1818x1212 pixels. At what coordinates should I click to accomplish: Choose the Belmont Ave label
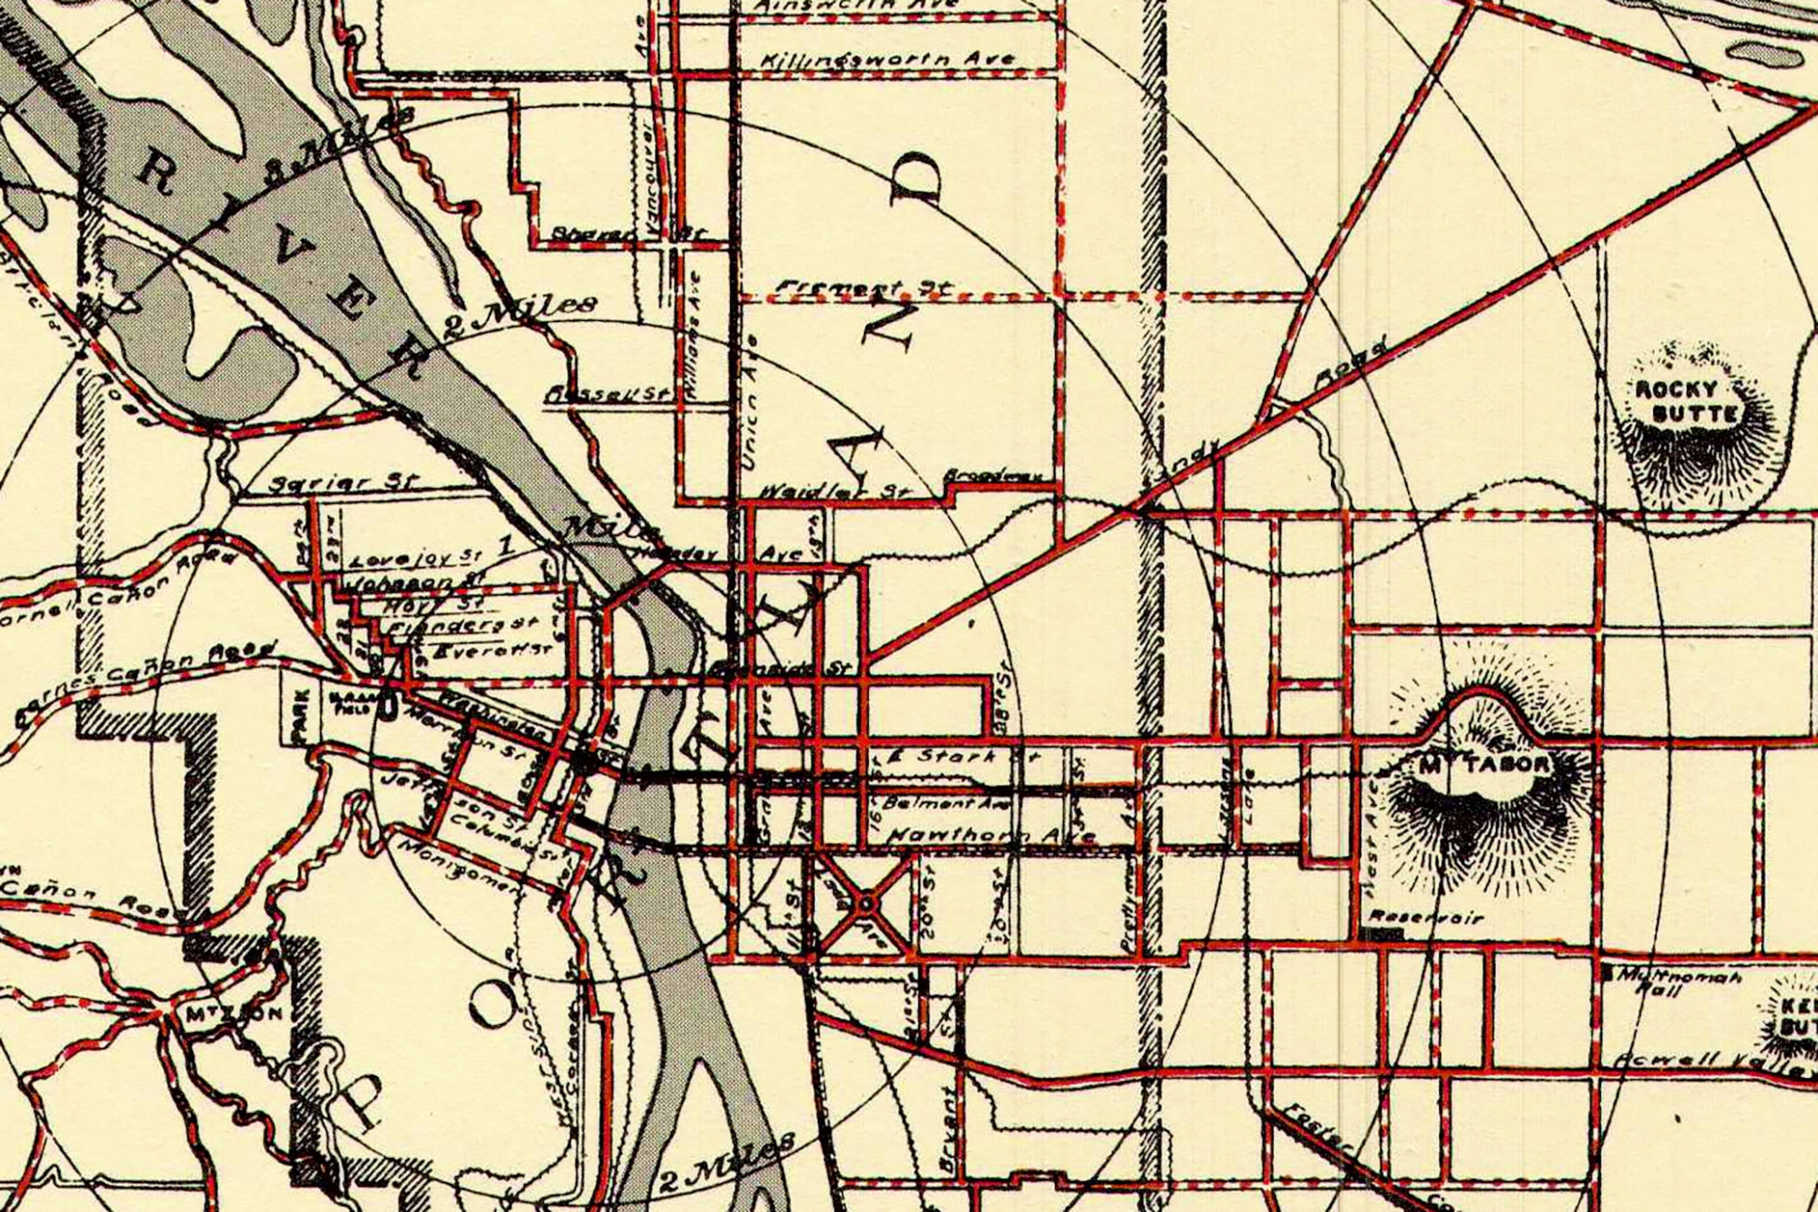[x=946, y=804]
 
